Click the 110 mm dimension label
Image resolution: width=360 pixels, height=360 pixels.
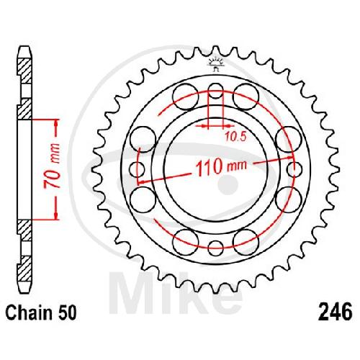tap(221, 166)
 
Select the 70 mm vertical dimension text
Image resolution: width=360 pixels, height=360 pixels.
tap(52, 166)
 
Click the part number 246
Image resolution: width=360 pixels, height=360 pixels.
tap(335, 312)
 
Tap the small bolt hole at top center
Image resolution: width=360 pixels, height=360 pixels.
tap(215, 91)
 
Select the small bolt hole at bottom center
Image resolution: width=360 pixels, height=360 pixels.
tap(215, 248)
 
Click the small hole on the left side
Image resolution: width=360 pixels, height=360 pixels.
tap(137, 169)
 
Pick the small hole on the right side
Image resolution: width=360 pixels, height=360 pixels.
tap(294, 169)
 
